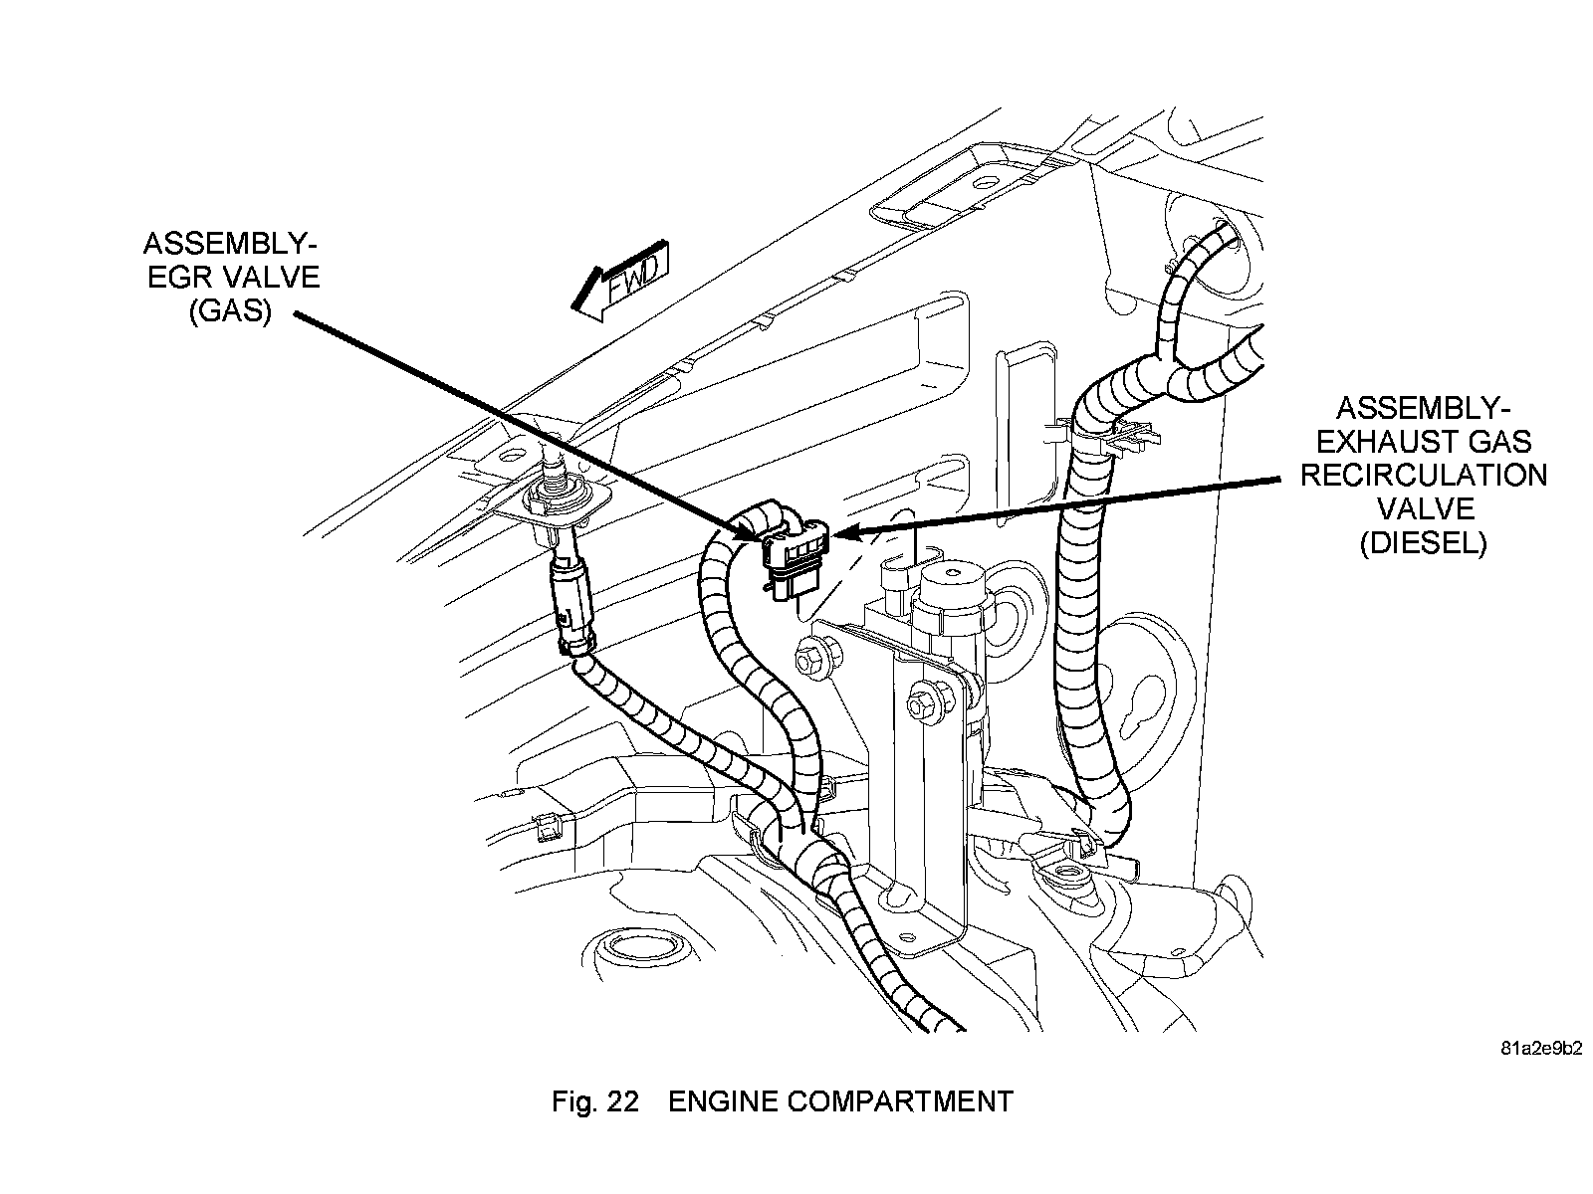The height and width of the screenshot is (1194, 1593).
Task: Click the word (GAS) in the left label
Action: pos(230,310)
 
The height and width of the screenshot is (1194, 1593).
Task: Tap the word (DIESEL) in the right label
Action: pos(1423,542)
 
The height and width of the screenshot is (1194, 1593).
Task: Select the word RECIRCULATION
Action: pos(1424,475)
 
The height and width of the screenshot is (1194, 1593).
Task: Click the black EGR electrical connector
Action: pos(792,562)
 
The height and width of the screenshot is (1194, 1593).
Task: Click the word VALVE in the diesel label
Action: pos(1424,508)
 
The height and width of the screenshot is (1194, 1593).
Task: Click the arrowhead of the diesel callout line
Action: pos(838,534)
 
